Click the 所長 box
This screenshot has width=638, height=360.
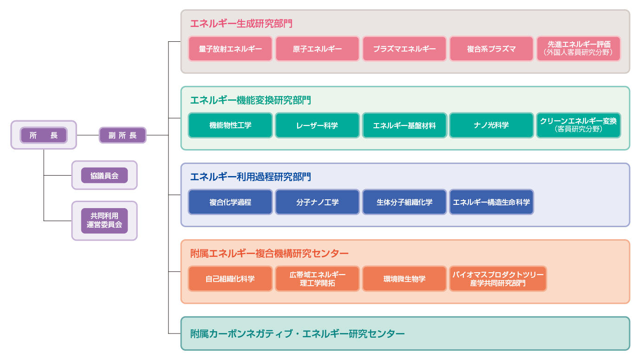pyautogui.click(x=44, y=135)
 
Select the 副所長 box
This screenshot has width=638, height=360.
pyautogui.click(x=123, y=135)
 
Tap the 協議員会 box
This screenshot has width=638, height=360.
pyautogui.click(x=104, y=175)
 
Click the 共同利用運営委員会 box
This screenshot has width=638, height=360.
pyautogui.click(x=104, y=220)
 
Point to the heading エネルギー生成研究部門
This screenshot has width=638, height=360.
pyautogui.click(x=241, y=23)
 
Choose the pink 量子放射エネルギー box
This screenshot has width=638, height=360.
pyautogui.click(x=230, y=49)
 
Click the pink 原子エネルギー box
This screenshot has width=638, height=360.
pyautogui.click(x=317, y=49)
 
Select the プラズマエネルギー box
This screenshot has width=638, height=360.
pyautogui.click(x=404, y=49)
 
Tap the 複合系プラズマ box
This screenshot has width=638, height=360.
pyautogui.click(x=491, y=49)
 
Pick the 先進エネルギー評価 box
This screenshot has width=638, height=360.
pyautogui.click(x=578, y=49)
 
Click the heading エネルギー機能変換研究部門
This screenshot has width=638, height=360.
pyautogui.click(x=250, y=100)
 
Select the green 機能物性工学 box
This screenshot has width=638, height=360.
pyautogui.click(x=230, y=125)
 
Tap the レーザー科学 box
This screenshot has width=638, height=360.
pyautogui.click(x=317, y=125)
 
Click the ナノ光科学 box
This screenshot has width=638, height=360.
pyautogui.click(x=491, y=125)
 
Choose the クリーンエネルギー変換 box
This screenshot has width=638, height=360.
pyautogui.click(x=578, y=125)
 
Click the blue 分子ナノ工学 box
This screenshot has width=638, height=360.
pyautogui.click(x=317, y=202)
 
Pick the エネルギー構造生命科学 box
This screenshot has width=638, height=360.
pyautogui.click(x=491, y=202)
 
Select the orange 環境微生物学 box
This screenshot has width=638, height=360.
pyautogui.click(x=404, y=279)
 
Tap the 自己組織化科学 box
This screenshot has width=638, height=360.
pyautogui.click(x=230, y=279)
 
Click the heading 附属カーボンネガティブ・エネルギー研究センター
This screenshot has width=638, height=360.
pyautogui.click(x=297, y=334)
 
